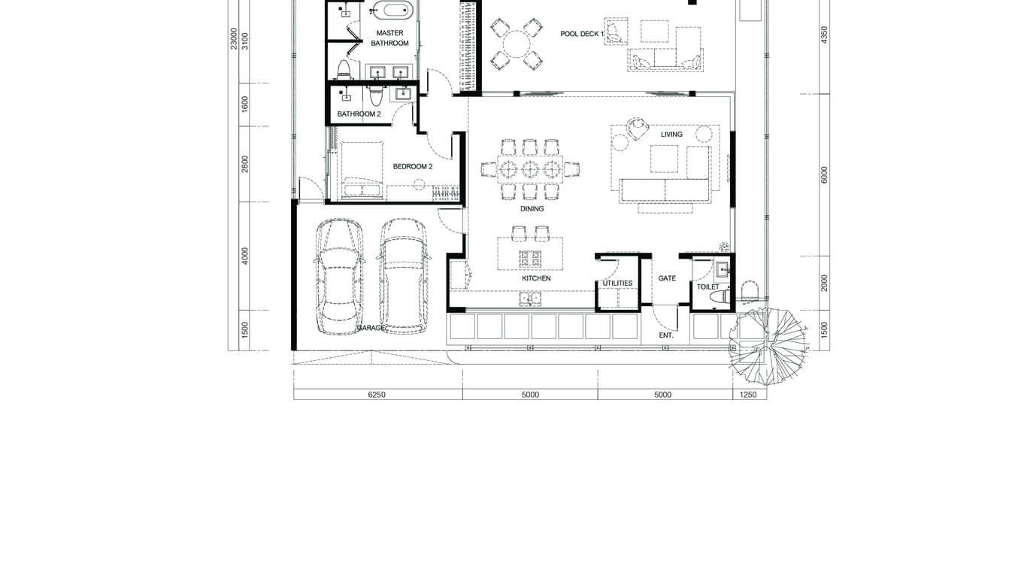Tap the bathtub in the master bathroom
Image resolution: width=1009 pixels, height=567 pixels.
[x=392, y=11]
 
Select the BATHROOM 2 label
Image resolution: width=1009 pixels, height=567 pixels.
[x=359, y=114]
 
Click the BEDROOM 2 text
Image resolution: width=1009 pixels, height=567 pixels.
[x=413, y=167]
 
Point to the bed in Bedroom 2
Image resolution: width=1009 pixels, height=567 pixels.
[x=361, y=170]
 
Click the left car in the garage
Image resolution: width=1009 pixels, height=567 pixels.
[x=338, y=275]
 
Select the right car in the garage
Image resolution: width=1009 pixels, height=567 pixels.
[x=403, y=275]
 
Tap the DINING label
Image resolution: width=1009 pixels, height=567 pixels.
[x=532, y=209]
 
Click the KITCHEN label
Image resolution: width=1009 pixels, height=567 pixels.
[x=536, y=279]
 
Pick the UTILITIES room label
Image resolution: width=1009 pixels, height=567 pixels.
[x=617, y=283]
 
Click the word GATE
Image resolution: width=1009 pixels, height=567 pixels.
[x=667, y=278]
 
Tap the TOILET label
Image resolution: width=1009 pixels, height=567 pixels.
[x=708, y=287]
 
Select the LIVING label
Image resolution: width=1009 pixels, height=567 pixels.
[x=671, y=135]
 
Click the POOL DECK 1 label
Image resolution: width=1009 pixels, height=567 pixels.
[x=582, y=34]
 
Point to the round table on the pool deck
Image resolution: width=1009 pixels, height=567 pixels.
[x=517, y=44]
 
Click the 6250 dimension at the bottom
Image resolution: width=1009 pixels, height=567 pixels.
[x=377, y=395]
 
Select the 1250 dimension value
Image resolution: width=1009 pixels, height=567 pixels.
[x=748, y=395]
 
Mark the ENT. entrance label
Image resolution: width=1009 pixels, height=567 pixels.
[x=666, y=335]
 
